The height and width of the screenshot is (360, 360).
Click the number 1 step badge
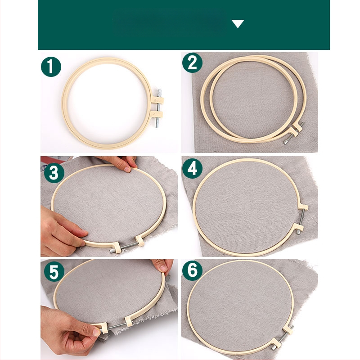pyautogui.click(x=51, y=67)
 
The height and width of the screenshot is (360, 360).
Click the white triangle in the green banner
pyautogui.click(x=238, y=24)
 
